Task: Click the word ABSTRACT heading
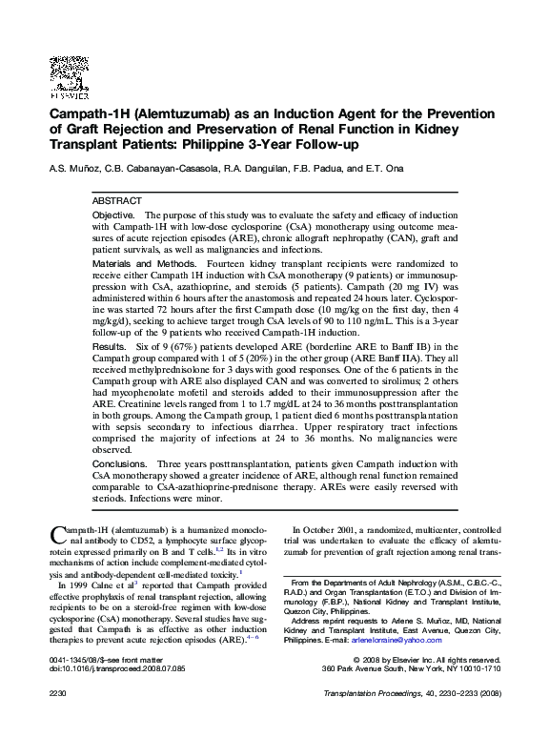point(116,203)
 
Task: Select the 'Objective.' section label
point(114,218)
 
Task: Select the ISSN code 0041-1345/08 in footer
point(72,660)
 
